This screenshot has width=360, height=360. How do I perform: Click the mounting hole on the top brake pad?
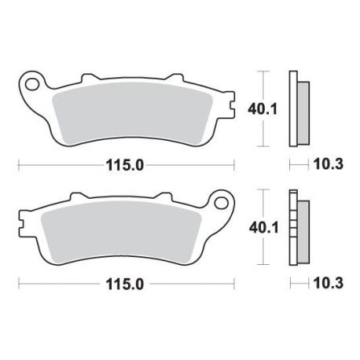tap(32, 84)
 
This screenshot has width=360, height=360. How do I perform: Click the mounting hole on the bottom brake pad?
tap(221, 203)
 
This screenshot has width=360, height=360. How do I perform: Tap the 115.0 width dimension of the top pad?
tap(125, 166)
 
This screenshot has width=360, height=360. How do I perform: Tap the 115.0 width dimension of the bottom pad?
tap(125, 284)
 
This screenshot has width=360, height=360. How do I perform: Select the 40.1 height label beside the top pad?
tap(263, 109)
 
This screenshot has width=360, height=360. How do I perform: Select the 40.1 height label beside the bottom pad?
tap(263, 228)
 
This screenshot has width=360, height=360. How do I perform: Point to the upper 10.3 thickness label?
tap(329, 164)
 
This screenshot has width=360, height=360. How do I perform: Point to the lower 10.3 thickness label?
tap(329, 283)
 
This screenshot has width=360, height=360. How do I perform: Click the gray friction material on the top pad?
tap(132, 114)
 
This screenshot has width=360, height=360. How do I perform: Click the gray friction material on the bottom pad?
tap(121, 233)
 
